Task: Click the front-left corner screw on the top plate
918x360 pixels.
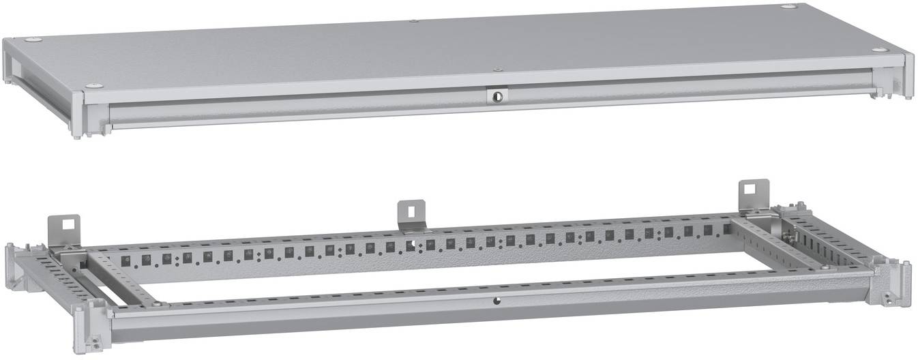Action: (94, 85)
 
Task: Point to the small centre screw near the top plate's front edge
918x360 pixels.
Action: (498, 70)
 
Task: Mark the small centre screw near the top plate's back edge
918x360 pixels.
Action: (414, 21)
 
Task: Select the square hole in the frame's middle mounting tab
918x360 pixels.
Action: (411, 208)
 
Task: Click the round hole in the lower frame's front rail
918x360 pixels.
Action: (496, 300)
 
